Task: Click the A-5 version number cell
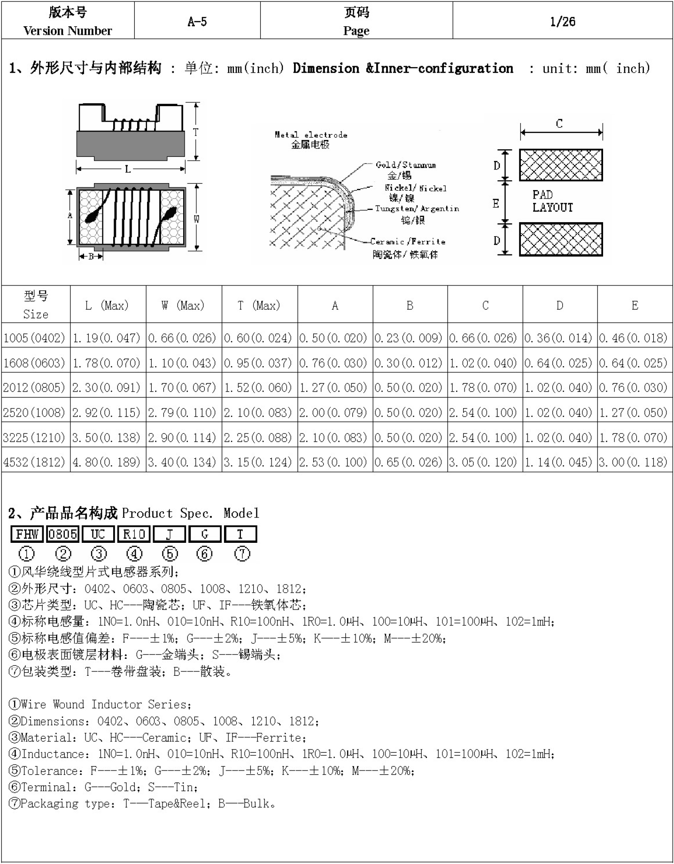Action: (197, 22)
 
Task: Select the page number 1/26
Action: (562, 22)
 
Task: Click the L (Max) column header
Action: (107, 306)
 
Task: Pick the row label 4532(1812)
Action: (34, 462)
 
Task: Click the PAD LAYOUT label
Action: (552, 201)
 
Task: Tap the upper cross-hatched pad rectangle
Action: (561, 165)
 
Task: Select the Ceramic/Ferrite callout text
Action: (407, 242)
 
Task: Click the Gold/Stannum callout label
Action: (406, 165)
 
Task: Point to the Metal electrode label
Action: (311, 135)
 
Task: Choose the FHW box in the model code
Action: (27, 534)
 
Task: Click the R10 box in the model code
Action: (134, 534)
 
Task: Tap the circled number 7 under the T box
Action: (242, 554)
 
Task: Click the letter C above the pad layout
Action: (559, 124)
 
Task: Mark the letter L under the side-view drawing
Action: (128, 169)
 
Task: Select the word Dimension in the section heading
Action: (326, 69)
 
